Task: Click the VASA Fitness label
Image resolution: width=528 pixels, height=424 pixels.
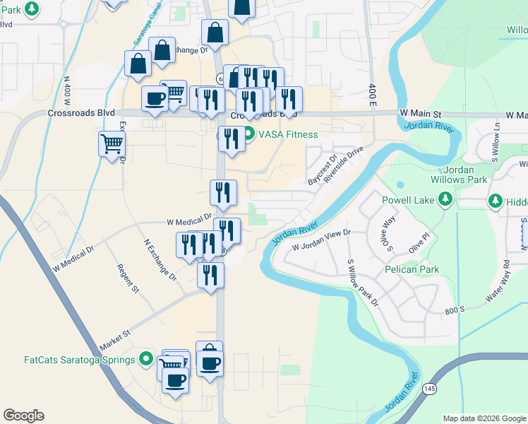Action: pos(288,134)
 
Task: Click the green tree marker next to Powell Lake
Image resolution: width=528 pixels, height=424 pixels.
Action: pos(445,201)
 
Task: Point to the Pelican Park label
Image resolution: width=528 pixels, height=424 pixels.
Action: pos(412,269)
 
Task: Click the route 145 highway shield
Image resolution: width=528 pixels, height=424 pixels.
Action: pos(429,389)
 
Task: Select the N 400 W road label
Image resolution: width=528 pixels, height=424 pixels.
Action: pos(68,91)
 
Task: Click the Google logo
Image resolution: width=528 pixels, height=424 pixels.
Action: pos(23,416)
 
